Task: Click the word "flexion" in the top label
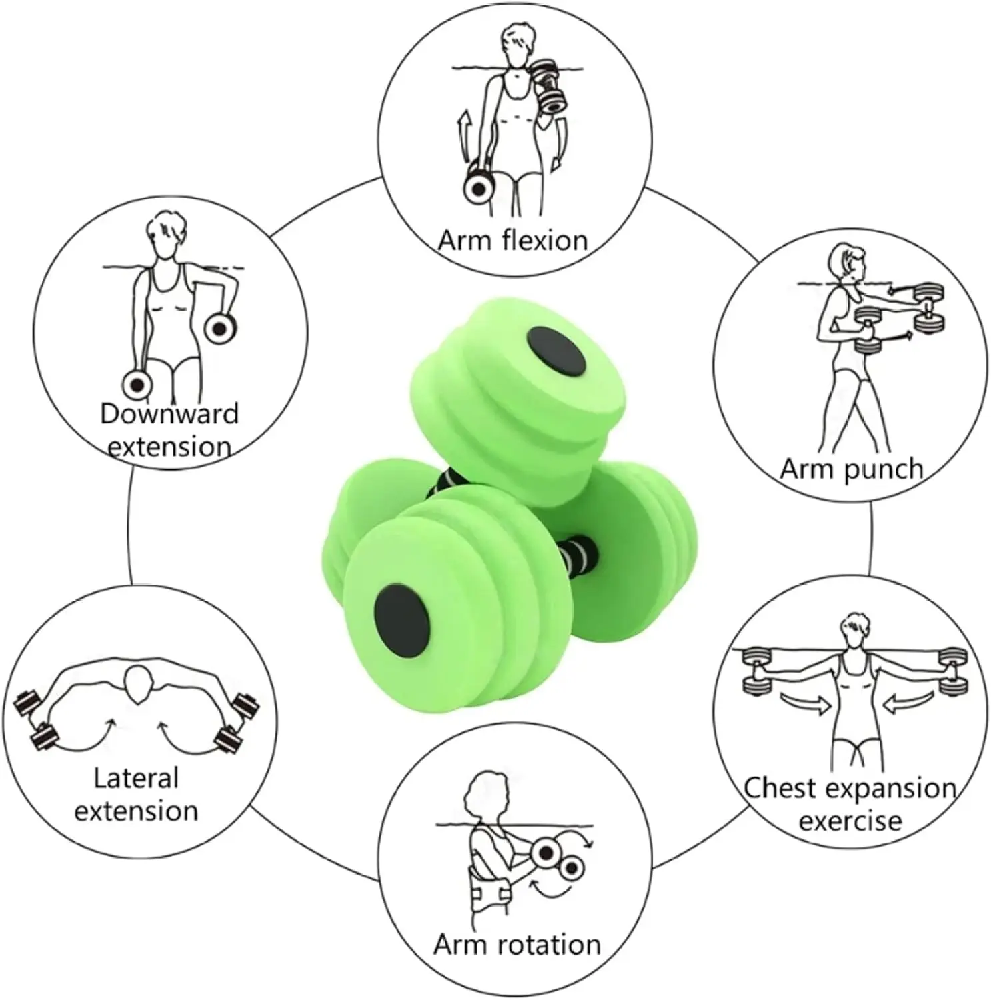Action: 544,240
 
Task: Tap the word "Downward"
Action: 169,413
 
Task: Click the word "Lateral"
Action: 136,777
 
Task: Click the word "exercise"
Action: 850,821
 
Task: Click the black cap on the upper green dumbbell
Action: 556,350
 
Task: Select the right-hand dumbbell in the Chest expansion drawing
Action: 952,671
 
